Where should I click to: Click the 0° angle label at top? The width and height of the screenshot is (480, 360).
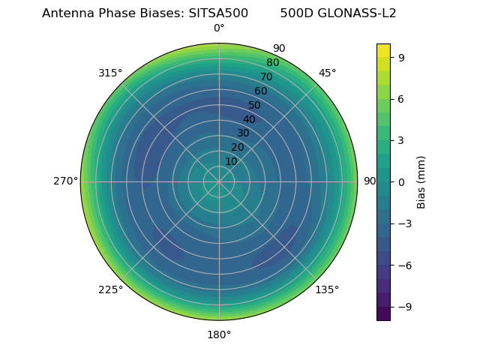[219, 28]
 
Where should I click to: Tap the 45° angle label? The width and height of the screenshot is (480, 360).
[327, 73]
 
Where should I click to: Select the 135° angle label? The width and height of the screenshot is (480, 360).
[327, 289]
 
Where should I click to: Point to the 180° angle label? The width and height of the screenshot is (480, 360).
[219, 334]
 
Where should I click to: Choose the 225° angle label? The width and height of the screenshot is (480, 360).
[110, 289]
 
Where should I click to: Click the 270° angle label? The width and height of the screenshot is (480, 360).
[65, 181]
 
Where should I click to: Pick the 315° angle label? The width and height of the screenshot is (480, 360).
[110, 73]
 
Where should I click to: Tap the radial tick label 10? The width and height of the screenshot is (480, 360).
[231, 161]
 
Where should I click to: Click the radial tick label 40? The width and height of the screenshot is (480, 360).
[249, 119]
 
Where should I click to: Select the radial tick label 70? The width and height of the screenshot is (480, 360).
[266, 77]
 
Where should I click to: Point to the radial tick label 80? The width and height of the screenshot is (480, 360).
[272, 63]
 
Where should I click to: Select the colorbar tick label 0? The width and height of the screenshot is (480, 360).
[401, 181]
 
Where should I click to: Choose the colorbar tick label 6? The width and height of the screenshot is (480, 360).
[401, 98]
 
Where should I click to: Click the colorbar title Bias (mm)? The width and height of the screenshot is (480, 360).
[421, 181]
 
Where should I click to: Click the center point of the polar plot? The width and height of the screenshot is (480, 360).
[219, 181]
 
